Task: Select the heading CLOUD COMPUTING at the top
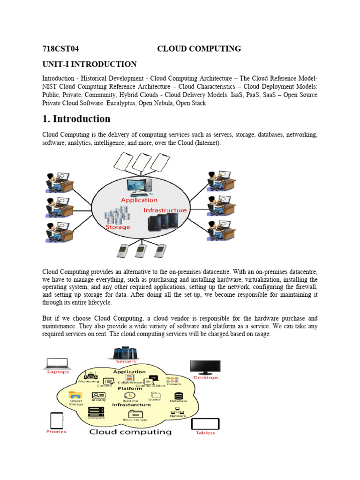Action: tap(199, 49)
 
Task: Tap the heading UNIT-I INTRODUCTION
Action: tap(89, 64)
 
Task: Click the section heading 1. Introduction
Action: tap(76, 119)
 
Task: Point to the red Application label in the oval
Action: tap(139, 200)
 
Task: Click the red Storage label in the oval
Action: tap(118, 227)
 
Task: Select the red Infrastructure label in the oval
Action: tap(165, 210)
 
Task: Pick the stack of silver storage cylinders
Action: tap(117, 215)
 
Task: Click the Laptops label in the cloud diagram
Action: tap(58, 372)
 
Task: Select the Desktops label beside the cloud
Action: tap(205, 377)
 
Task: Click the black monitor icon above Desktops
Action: tap(205, 367)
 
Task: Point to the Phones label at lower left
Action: tap(56, 432)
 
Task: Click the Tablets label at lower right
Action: tap(205, 433)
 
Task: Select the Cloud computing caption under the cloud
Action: tap(130, 432)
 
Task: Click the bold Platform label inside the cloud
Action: tap(130, 389)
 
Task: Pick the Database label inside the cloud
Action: tap(179, 401)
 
